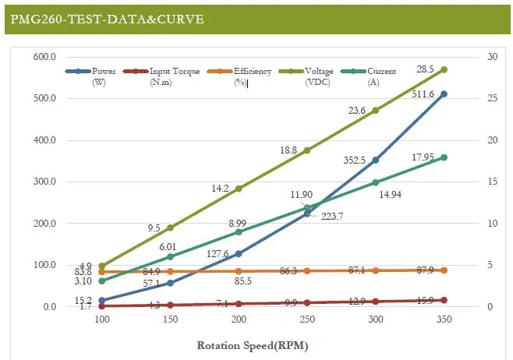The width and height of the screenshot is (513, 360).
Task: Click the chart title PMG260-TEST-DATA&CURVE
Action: (x=107, y=18)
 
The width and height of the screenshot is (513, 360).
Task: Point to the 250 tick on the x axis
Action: (x=307, y=319)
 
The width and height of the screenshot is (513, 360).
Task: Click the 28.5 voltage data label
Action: (x=425, y=69)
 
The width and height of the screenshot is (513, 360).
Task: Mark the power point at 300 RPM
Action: (x=376, y=160)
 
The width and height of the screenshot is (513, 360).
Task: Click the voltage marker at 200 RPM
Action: (x=239, y=189)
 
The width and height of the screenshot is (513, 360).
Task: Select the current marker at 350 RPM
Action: (x=444, y=157)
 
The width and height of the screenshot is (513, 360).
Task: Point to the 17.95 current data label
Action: (x=423, y=156)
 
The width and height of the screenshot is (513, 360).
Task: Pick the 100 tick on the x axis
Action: (x=101, y=319)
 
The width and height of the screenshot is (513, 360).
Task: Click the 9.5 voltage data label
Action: (x=154, y=228)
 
